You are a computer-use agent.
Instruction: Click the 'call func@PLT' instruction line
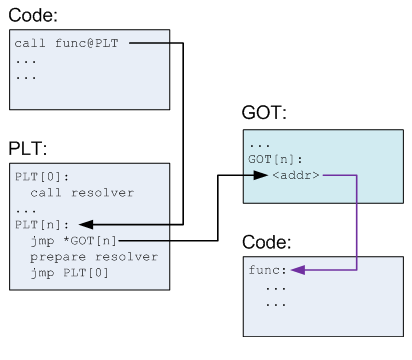[67, 44]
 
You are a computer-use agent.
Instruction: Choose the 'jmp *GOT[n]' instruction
[71, 240]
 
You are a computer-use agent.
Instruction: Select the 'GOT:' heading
[265, 113]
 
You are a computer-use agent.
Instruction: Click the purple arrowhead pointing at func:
[295, 269]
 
